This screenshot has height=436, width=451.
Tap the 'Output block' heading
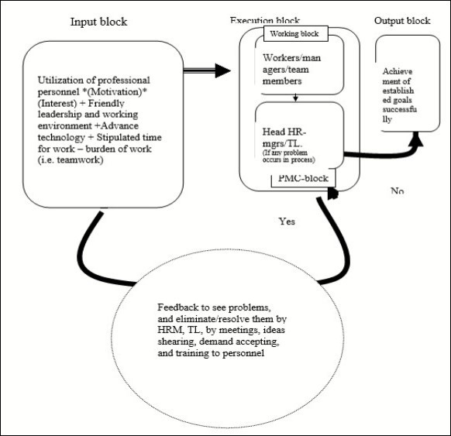tap(402, 19)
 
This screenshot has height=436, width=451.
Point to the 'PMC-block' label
tap(304, 179)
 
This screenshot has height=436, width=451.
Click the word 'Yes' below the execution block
tap(288, 221)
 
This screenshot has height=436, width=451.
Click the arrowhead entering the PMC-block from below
tap(332, 191)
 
